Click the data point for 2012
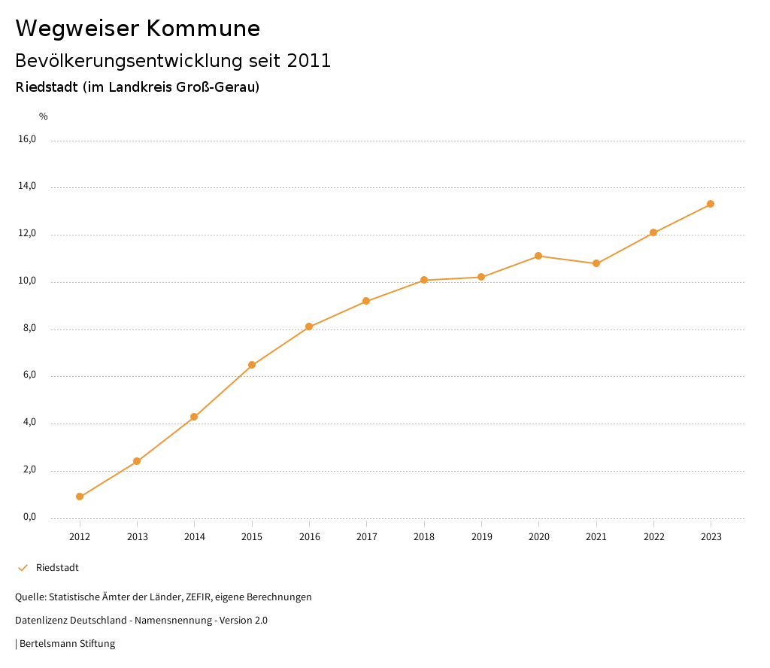pos(80,496)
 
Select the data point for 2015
pos(252,365)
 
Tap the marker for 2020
pos(538,256)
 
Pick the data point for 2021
pos(596,263)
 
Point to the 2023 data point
pos(711,204)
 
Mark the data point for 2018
pos(424,280)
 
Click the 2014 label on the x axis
pos(195,537)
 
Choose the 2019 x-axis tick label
pos(481,537)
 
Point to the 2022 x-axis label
pos(653,537)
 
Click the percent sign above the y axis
pos(44,117)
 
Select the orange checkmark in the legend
pos(23,568)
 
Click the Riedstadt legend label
pos(57,568)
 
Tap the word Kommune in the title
pos(204,29)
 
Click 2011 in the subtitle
pos(309,61)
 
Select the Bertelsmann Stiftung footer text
pos(67,644)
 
